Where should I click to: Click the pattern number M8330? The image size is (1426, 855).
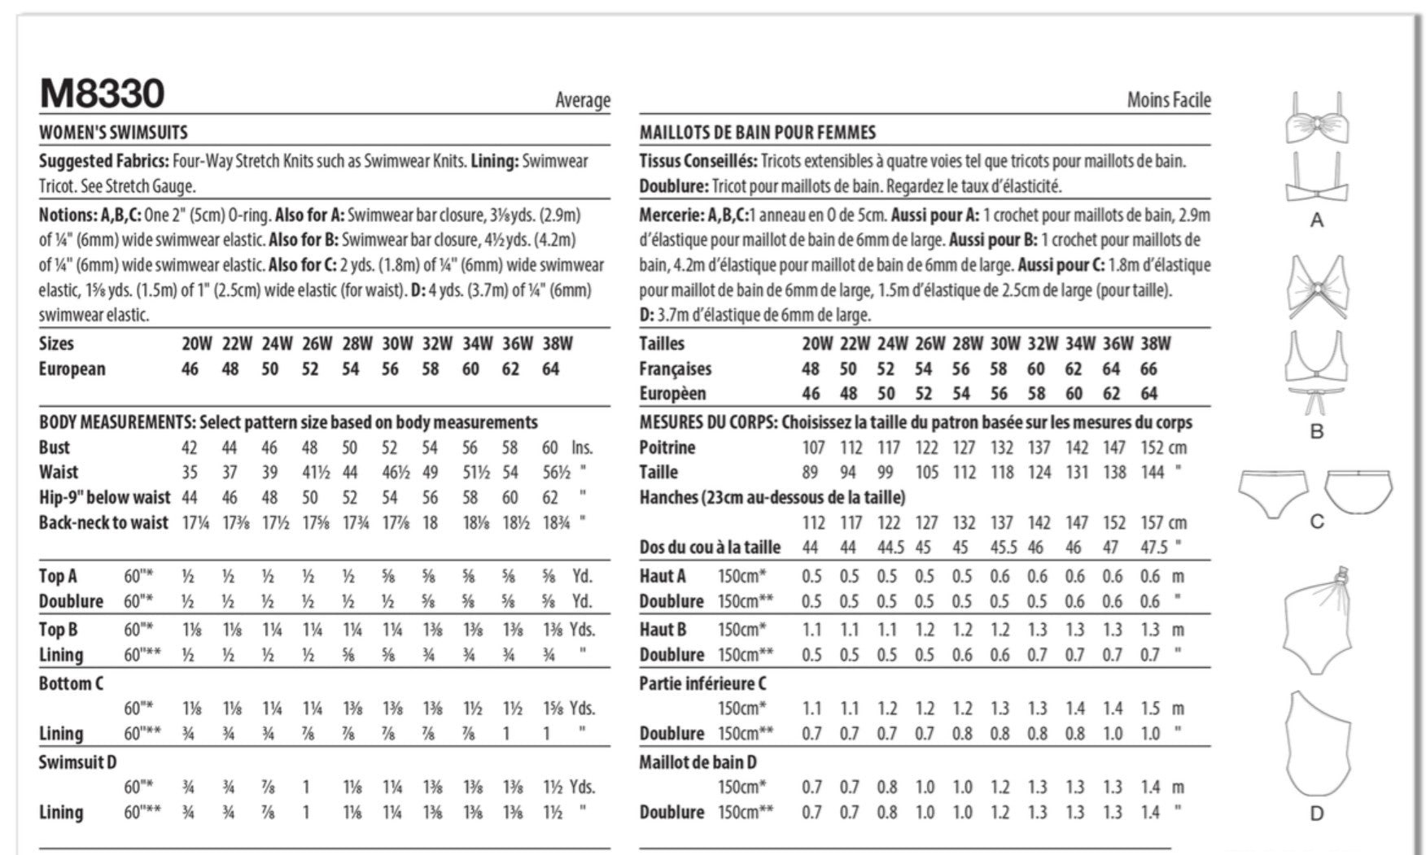[x=102, y=94]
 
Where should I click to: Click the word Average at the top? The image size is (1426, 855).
[x=582, y=100]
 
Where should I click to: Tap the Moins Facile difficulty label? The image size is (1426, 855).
[x=1168, y=100]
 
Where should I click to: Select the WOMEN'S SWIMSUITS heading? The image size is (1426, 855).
[x=113, y=133]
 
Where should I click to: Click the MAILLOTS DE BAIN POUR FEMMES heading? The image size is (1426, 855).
[x=757, y=133]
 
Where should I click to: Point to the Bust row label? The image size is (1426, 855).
[x=55, y=447]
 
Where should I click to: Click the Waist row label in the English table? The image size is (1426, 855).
[x=59, y=472]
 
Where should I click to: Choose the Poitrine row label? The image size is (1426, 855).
[x=667, y=447]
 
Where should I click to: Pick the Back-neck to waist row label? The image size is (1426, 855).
[x=103, y=522]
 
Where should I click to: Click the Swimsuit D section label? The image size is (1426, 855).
[x=77, y=762]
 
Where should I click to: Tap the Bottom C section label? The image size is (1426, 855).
[x=71, y=683]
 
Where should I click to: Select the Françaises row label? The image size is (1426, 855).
[x=675, y=369]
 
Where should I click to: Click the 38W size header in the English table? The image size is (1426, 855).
[x=558, y=343]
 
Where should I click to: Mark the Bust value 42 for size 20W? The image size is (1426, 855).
[x=189, y=447]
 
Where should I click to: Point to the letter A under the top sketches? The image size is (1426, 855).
[x=1316, y=220]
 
